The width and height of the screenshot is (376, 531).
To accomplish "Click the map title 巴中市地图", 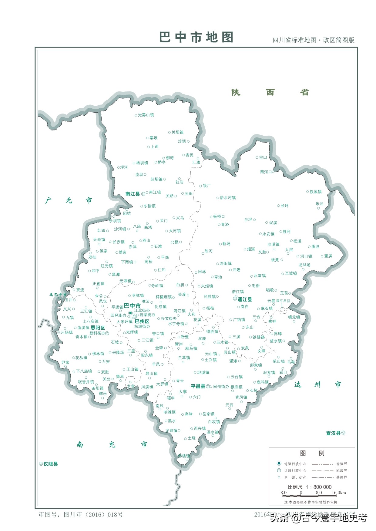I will (x=196, y=37).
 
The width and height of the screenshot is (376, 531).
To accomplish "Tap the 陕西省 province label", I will (x=270, y=92).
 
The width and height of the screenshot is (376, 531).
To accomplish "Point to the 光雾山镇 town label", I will (x=146, y=115).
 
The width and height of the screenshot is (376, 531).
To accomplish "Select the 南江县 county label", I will (x=133, y=194).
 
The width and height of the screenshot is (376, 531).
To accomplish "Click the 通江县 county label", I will (x=245, y=299).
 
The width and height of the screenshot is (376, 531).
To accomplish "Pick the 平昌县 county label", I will (x=198, y=386).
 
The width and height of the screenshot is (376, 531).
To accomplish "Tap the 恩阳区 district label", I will (x=98, y=328).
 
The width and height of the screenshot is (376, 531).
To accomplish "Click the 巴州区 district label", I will (x=142, y=321).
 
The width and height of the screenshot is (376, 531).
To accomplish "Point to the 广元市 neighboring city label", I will (x=69, y=200).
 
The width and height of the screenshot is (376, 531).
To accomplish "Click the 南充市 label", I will (x=112, y=444).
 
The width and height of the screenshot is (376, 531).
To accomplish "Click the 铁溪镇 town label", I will (x=315, y=192).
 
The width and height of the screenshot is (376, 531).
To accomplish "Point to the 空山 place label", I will (x=263, y=157).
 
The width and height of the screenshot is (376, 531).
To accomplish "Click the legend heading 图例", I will (x=312, y=453).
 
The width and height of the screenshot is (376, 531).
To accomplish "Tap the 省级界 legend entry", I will (x=341, y=464).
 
